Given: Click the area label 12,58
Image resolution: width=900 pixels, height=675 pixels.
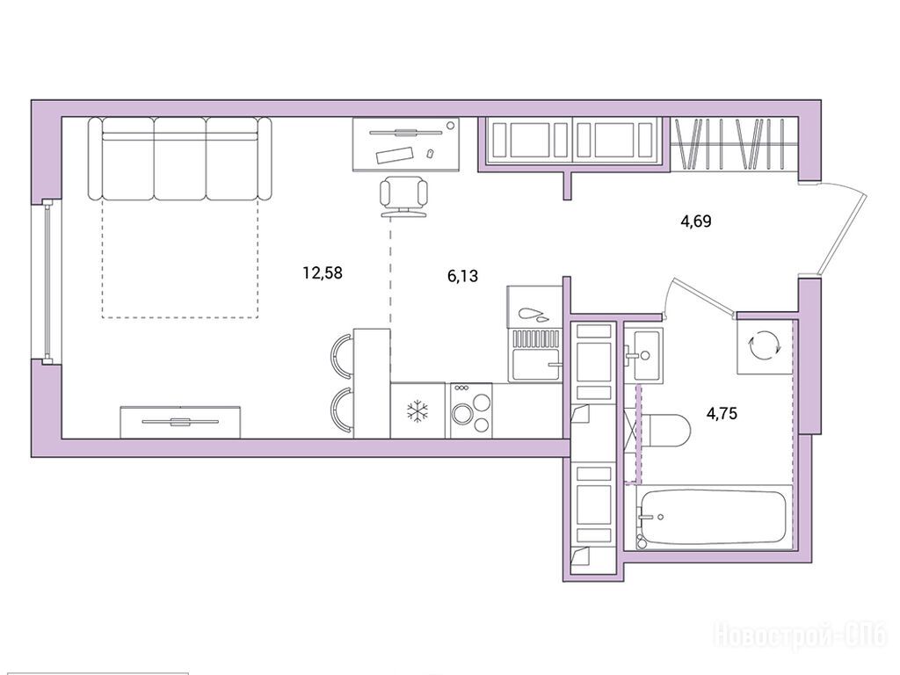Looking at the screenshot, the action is pyautogui.click(x=323, y=272).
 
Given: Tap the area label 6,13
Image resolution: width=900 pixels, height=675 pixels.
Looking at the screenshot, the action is pyautogui.click(x=462, y=276).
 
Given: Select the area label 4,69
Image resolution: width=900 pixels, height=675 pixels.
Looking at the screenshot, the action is pyautogui.click(x=696, y=221).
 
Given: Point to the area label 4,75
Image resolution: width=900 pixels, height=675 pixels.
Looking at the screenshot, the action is pyautogui.click(x=722, y=413).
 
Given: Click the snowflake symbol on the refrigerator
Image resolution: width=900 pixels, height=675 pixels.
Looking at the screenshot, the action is pyautogui.click(x=417, y=411).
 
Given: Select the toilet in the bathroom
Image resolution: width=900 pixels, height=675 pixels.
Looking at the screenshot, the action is pyautogui.click(x=664, y=431).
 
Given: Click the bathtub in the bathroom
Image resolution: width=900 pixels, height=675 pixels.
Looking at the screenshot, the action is pyautogui.click(x=715, y=517).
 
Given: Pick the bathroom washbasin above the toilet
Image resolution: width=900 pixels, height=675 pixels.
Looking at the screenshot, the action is pyautogui.click(x=642, y=355).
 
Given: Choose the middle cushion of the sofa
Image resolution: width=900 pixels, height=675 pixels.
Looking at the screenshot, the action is pyautogui.click(x=179, y=158).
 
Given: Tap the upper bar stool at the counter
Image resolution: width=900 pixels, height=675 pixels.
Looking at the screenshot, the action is pyautogui.click(x=342, y=356).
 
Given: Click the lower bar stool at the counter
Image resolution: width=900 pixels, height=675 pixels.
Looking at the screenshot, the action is pyautogui.click(x=342, y=411).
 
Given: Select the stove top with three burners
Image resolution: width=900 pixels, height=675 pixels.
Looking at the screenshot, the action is pyautogui.click(x=471, y=410).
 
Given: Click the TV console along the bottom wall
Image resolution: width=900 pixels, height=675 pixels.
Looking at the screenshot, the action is pyautogui.click(x=180, y=422).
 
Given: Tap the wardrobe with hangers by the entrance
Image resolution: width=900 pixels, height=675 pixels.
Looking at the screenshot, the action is pyautogui.click(x=734, y=144).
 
